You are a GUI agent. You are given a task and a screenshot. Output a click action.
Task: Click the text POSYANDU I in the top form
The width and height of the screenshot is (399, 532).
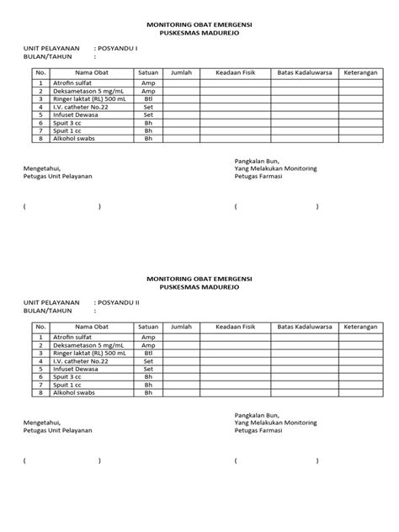click(x=118, y=49)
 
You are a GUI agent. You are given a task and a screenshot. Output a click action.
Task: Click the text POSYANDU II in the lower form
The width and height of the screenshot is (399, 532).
click(x=120, y=301)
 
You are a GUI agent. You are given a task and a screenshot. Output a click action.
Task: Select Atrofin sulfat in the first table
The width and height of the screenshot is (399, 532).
click(x=74, y=84)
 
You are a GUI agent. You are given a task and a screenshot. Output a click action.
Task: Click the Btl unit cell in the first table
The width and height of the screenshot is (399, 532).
click(x=148, y=99)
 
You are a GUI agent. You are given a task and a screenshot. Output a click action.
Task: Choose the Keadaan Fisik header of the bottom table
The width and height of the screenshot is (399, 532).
click(x=235, y=326)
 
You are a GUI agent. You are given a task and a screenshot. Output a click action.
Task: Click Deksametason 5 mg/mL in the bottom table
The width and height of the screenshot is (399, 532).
click(x=89, y=345)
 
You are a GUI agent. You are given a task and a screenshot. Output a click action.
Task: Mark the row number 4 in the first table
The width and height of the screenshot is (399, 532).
click(x=40, y=108)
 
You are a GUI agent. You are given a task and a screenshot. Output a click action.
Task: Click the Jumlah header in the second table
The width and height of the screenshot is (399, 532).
click(x=181, y=326)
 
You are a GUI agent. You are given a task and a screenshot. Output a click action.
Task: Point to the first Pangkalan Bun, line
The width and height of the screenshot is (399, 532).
click(x=257, y=161)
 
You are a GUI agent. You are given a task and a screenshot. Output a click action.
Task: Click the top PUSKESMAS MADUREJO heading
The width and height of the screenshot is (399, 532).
click(x=199, y=35)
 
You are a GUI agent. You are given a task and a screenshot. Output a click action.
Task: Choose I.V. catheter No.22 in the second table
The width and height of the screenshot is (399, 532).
click(x=81, y=360)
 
